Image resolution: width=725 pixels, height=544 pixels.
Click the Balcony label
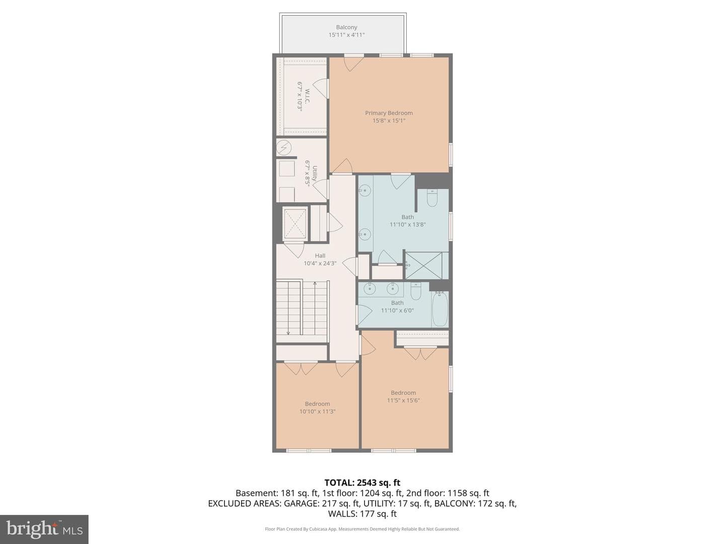[x=346, y=27]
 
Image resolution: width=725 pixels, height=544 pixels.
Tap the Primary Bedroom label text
[x=389, y=113]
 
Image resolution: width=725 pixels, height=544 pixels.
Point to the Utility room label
[x=315, y=173]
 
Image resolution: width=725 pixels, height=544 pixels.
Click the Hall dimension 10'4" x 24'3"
[x=320, y=263]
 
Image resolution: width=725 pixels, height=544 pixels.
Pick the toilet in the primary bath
[x=432, y=197]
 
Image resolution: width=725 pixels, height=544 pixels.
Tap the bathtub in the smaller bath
[x=440, y=309]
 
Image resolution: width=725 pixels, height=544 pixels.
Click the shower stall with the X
[x=423, y=265]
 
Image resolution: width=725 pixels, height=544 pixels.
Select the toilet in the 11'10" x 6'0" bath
[x=415, y=291]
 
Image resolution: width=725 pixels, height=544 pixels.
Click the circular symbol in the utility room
[x=284, y=147]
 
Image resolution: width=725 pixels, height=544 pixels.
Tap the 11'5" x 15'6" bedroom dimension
[x=403, y=400]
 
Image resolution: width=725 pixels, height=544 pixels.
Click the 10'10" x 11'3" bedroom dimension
[x=317, y=411]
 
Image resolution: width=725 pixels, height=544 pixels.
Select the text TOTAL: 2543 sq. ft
[x=362, y=483]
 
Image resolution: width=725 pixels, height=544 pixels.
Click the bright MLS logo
[x=44, y=529]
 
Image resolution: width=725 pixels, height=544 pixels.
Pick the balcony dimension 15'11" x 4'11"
[x=346, y=35]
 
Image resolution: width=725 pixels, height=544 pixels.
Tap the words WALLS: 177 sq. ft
[x=362, y=514]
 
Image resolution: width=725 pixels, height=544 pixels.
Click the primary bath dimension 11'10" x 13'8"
[x=408, y=225]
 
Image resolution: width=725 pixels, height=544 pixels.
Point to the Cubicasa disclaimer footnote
[x=362, y=529]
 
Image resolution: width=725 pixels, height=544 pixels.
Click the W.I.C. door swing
[x=320, y=89]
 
